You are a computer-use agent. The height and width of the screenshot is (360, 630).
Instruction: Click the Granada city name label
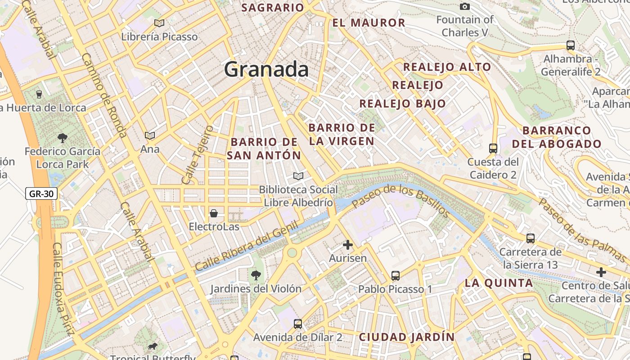click(x=266, y=70)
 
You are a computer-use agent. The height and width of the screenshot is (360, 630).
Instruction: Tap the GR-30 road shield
click(x=41, y=194)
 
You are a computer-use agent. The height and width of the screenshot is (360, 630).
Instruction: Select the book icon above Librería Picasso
click(x=159, y=23)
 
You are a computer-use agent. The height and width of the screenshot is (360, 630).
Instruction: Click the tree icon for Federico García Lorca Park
click(x=62, y=138)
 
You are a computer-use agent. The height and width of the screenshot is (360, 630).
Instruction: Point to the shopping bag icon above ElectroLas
click(x=214, y=213)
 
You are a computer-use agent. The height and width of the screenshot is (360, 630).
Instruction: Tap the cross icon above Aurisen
click(x=348, y=245)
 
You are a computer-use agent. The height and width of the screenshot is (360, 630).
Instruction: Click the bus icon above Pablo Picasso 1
click(x=396, y=275)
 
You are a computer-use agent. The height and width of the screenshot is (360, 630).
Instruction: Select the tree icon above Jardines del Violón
click(x=256, y=274)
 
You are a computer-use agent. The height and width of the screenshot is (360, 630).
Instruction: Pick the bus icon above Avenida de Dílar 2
click(x=298, y=324)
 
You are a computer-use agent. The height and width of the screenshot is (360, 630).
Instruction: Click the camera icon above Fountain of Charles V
click(x=465, y=6)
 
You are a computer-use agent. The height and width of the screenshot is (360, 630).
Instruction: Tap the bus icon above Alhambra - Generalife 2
click(x=571, y=45)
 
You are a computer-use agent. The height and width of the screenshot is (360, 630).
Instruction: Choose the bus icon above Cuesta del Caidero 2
click(x=493, y=148)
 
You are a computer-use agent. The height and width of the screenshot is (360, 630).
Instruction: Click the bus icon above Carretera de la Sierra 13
click(x=531, y=238)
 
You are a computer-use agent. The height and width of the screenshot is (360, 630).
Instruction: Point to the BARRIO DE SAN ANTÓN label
click(x=264, y=148)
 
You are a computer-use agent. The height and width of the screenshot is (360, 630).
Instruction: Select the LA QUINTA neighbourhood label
click(x=499, y=283)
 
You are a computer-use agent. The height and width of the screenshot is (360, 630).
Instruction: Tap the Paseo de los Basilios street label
click(x=400, y=200)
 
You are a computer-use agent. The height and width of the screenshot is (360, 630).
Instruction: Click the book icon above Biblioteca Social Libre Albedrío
click(x=298, y=176)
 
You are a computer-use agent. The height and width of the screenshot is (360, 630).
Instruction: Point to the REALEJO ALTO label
click(x=447, y=67)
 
